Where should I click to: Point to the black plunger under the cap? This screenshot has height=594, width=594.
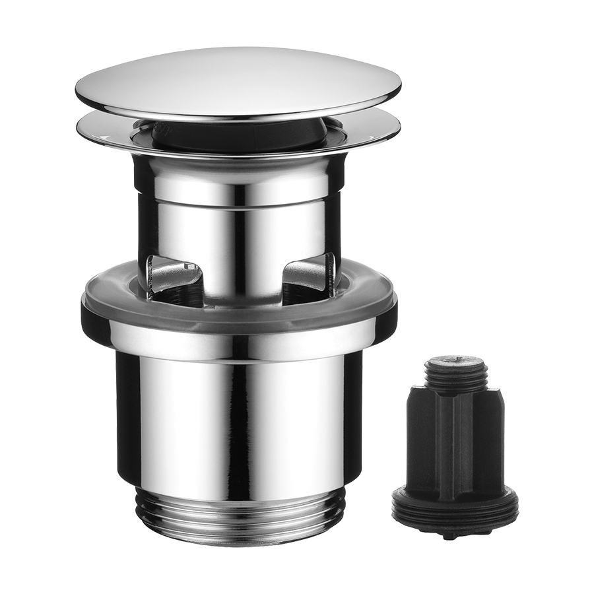[198, 135]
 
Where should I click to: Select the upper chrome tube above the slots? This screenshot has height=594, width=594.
[238, 198]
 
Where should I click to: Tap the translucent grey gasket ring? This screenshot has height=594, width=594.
[238, 315]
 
